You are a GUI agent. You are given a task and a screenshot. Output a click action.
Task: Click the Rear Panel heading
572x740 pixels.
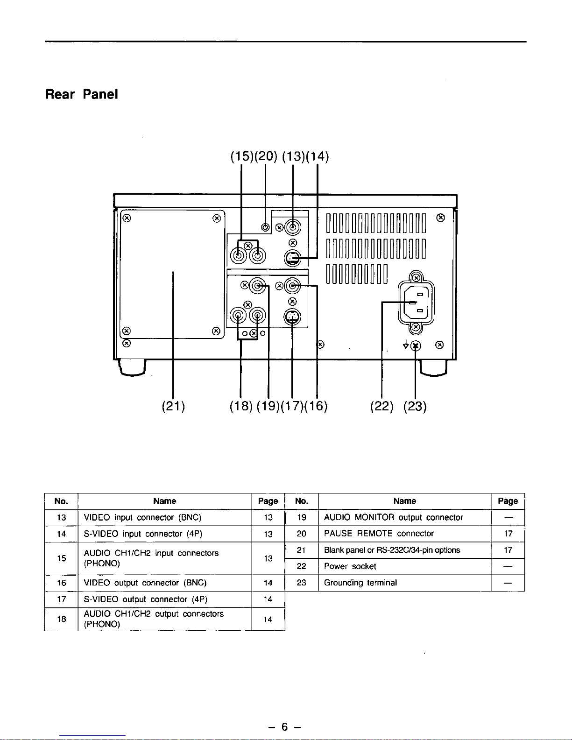[x=82, y=94]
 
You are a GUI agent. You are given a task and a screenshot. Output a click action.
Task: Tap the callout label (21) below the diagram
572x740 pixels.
[x=173, y=406]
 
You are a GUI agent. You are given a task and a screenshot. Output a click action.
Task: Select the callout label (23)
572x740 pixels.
[x=415, y=406]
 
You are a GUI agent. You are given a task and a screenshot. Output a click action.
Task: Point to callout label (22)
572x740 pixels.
[x=381, y=406]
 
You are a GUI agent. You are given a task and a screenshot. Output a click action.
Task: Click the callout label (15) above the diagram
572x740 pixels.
[x=242, y=156]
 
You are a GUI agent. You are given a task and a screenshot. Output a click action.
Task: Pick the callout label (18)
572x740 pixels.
[x=241, y=406]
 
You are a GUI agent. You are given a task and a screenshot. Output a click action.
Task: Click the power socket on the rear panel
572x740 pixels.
[x=416, y=303]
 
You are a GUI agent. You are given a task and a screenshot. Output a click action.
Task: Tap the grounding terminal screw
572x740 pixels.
[x=416, y=346]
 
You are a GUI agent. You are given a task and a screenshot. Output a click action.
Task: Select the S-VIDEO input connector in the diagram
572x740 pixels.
[x=292, y=258]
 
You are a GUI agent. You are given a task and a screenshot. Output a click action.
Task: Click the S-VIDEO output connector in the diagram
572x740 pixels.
[x=292, y=317]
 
